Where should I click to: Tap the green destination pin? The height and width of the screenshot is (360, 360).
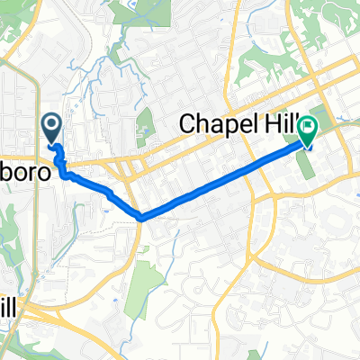click(308, 133)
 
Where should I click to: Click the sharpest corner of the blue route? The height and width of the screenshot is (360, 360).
click(142, 217)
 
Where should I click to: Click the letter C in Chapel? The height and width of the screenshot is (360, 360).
click(192, 123)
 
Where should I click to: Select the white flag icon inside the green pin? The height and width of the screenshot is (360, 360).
click(308, 128)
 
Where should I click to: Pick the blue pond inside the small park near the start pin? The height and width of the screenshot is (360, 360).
click(143, 130)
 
